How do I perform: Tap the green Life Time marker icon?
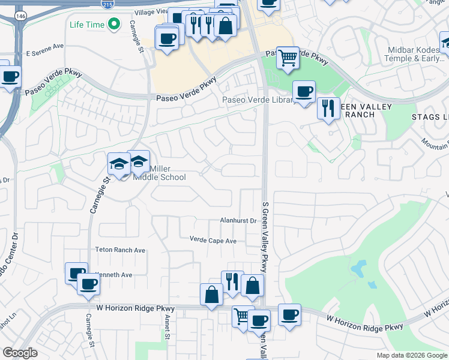(113, 25)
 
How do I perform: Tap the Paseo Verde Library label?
(258, 100)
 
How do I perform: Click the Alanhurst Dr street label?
(238, 221)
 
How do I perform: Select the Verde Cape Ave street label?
(213, 241)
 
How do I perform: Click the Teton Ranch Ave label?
(120, 250)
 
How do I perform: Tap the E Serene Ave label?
(44, 46)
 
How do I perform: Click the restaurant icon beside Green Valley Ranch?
(328, 107)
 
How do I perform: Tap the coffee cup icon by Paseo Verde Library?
(304, 91)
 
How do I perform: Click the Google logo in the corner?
(20, 353)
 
